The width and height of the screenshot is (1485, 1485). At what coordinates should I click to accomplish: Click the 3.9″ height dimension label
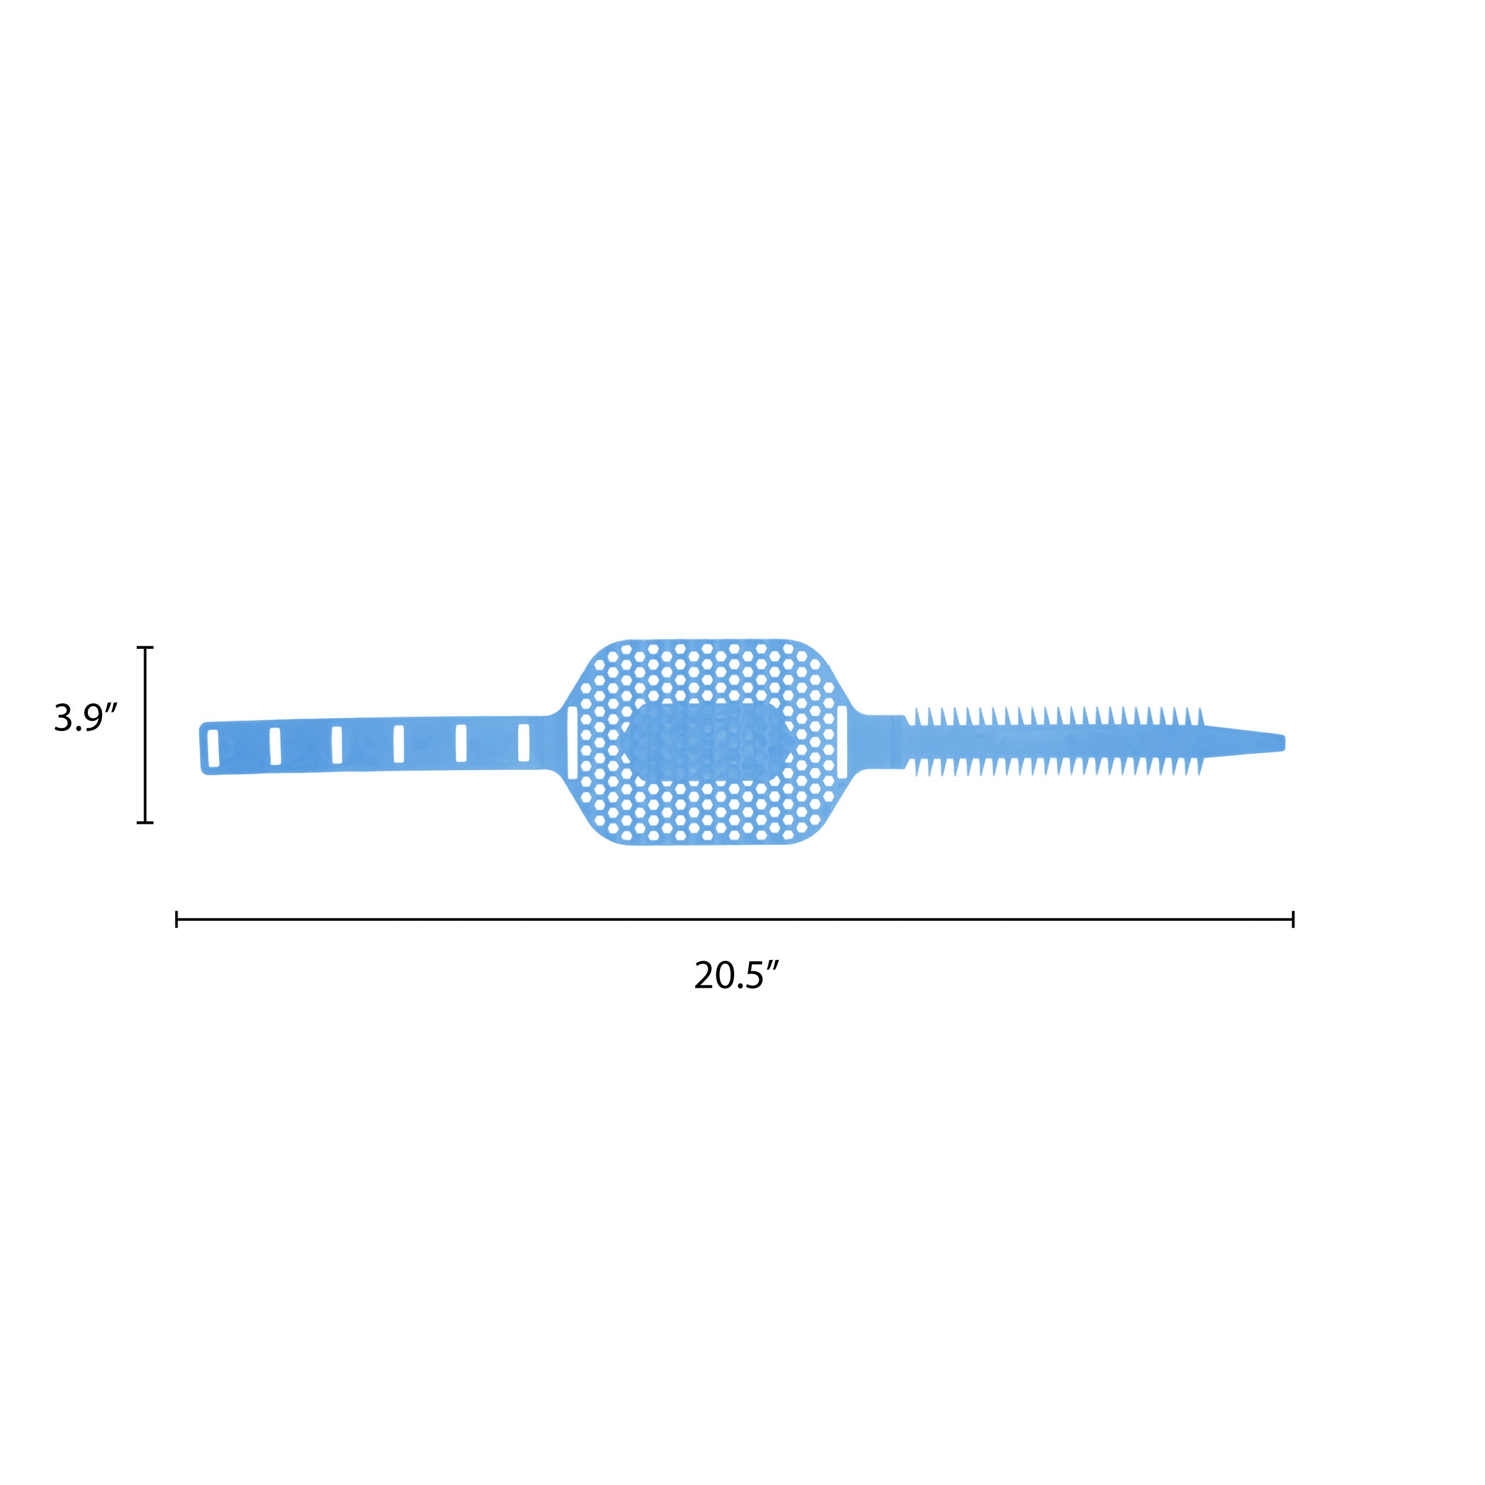coord(85,718)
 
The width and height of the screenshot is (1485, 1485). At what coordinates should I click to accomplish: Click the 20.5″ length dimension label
coord(737,975)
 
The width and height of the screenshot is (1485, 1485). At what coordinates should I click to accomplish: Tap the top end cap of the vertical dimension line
coord(145,647)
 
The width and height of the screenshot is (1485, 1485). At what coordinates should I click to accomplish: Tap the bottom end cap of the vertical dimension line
coord(145,823)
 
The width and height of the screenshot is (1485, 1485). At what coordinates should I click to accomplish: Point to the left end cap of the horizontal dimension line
coord(177,919)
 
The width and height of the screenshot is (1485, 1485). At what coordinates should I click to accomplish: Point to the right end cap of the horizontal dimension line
coord(1293,919)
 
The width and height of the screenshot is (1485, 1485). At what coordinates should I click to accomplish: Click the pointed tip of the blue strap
coord(1283,742)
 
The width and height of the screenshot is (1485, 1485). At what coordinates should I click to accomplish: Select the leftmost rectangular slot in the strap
coord(213,748)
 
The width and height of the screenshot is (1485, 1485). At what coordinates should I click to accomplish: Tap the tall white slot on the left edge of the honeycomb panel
coord(572,742)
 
